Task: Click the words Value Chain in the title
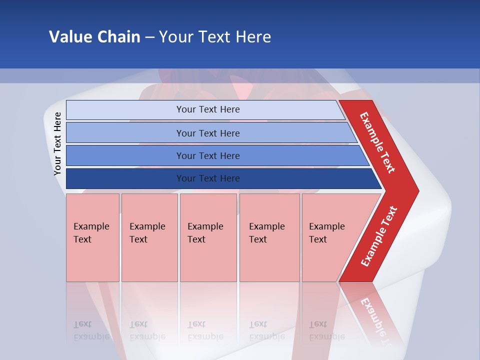[94, 36]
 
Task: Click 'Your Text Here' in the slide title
[215, 36]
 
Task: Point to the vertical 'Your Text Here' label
[57, 143]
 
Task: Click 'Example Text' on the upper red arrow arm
[377, 142]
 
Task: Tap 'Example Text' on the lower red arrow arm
[378, 236]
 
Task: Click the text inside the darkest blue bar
[208, 178]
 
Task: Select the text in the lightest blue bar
[208, 109]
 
